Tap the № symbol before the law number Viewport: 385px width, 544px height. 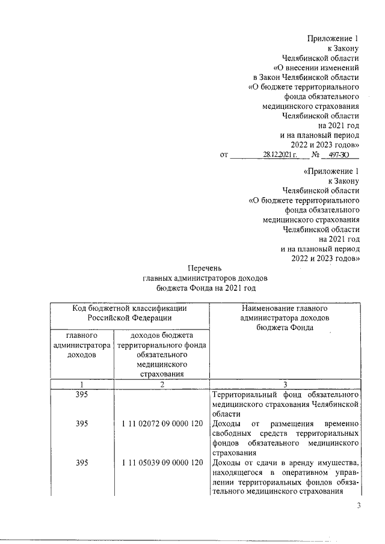[313, 154]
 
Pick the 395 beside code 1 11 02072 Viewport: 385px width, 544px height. [83, 424]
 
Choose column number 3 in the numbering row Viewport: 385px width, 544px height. [286, 384]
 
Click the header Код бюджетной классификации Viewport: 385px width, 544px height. [129, 308]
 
